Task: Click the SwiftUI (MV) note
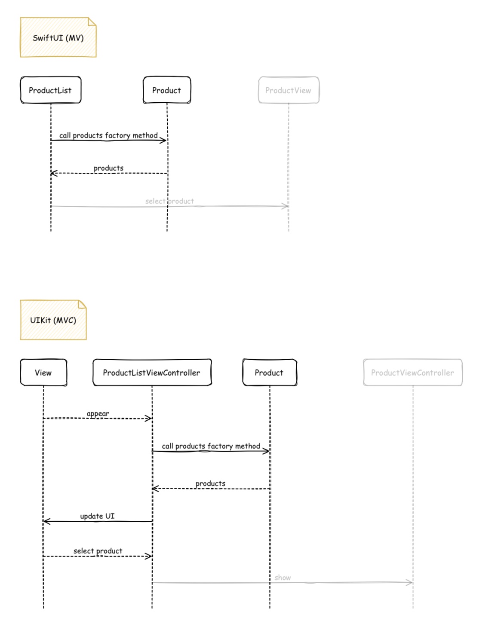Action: tap(58, 37)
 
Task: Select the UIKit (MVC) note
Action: tap(53, 320)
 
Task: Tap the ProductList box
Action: tap(51, 90)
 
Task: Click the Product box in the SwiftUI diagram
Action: tap(167, 90)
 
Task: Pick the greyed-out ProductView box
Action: tap(289, 90)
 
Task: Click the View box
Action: tap(43, 372)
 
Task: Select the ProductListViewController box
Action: tap(152, 372)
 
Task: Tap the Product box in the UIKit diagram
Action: tap(270, 372)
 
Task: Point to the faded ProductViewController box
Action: tap(413, 372)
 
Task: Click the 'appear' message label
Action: tap(98, 413)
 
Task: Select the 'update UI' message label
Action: tap(97, 516)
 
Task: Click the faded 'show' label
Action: tap(283, 578)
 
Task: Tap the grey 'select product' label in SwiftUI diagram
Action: tap(169, 201)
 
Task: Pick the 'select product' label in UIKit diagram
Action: tap(98, 551)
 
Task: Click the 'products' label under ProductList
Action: tap(109, 168)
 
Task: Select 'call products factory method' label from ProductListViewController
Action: tap(211, 446)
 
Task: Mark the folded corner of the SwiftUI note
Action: tap(92, 21)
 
